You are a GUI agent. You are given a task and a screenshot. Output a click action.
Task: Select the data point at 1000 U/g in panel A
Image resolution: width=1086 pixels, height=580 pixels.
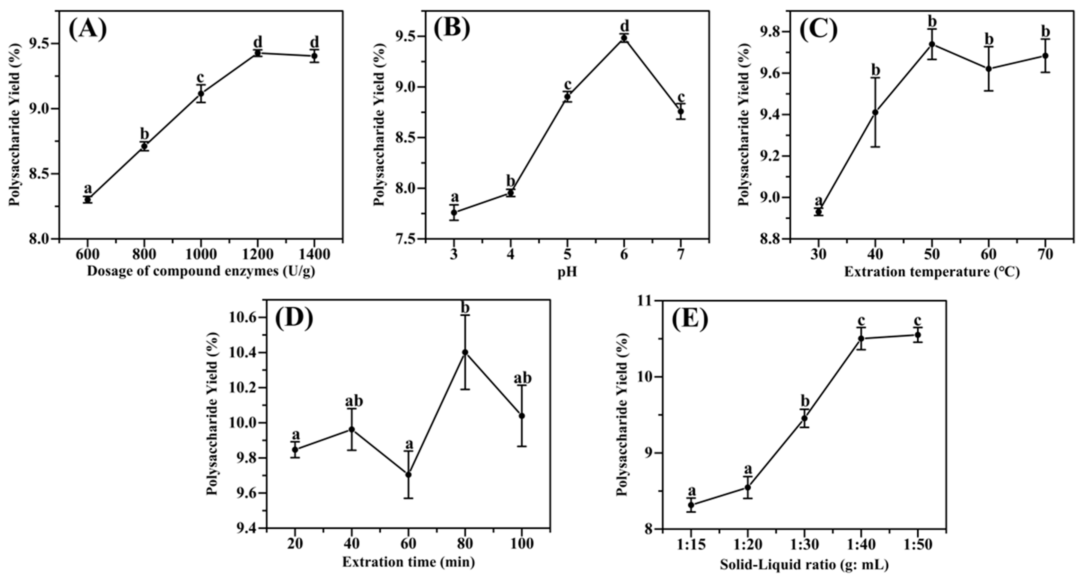[201, 93]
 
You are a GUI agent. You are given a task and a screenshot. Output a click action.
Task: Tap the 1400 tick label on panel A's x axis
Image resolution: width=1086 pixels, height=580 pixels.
[314, 255]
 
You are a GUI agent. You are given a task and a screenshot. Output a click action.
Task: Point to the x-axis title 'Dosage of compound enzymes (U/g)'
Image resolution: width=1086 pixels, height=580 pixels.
[201, 271]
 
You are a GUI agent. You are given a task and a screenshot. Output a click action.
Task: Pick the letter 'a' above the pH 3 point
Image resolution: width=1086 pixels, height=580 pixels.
[454, 197]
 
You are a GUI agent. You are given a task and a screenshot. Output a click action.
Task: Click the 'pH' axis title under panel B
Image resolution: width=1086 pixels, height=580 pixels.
[567, 272]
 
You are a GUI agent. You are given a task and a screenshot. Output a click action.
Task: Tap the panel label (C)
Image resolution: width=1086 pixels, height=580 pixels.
[818, 30]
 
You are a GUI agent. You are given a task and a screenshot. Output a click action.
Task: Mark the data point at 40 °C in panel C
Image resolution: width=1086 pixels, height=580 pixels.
[875, 112]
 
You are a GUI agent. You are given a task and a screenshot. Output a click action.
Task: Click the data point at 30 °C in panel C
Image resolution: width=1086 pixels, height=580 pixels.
[819, 212]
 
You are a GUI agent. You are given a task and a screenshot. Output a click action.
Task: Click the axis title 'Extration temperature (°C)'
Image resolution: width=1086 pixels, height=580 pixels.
[932, 272]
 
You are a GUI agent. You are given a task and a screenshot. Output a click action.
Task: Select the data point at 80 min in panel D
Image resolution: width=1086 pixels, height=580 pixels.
[465, 352]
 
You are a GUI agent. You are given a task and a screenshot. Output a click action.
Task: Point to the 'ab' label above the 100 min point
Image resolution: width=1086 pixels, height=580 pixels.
[522, 378]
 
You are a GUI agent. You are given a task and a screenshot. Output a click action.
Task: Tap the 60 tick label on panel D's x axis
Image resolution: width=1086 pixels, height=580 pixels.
[408, 544]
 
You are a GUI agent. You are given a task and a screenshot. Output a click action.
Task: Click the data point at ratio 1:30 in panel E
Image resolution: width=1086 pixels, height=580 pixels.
[804, 418]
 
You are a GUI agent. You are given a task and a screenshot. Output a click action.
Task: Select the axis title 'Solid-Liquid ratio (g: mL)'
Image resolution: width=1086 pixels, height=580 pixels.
[804, 564]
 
